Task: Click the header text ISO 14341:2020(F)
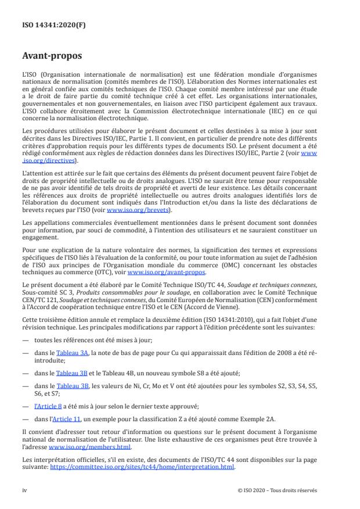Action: tap(47, 25)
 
